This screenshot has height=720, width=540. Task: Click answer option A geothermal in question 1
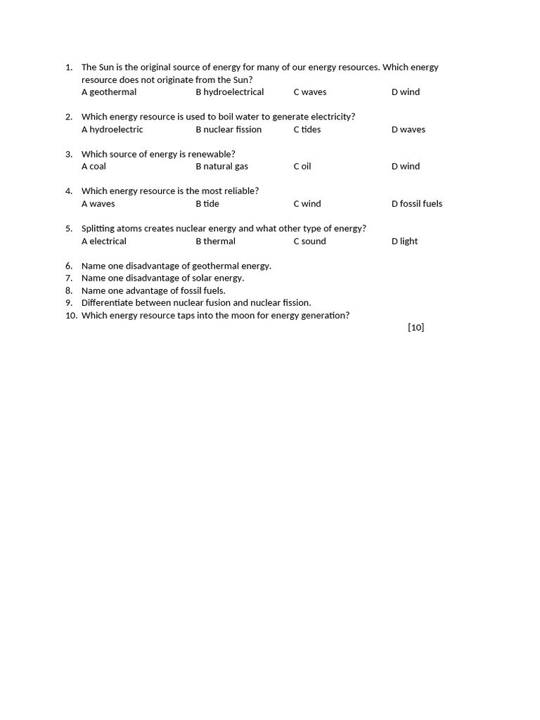109,92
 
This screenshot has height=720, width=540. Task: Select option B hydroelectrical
230,92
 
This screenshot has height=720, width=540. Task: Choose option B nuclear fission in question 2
229,129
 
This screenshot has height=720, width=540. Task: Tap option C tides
307,129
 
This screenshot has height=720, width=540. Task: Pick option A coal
94,167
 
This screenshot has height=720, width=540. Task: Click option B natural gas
221,167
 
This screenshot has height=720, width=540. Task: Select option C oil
302,167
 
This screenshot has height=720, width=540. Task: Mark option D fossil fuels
417,204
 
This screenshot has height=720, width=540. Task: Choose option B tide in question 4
207,204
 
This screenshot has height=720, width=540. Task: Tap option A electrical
104,241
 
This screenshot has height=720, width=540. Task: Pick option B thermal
216,241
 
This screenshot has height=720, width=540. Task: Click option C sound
310,241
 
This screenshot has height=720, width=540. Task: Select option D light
404,241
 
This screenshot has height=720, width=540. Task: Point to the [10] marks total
416,328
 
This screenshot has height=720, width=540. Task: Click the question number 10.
70,316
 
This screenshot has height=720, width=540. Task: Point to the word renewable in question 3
211,154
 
